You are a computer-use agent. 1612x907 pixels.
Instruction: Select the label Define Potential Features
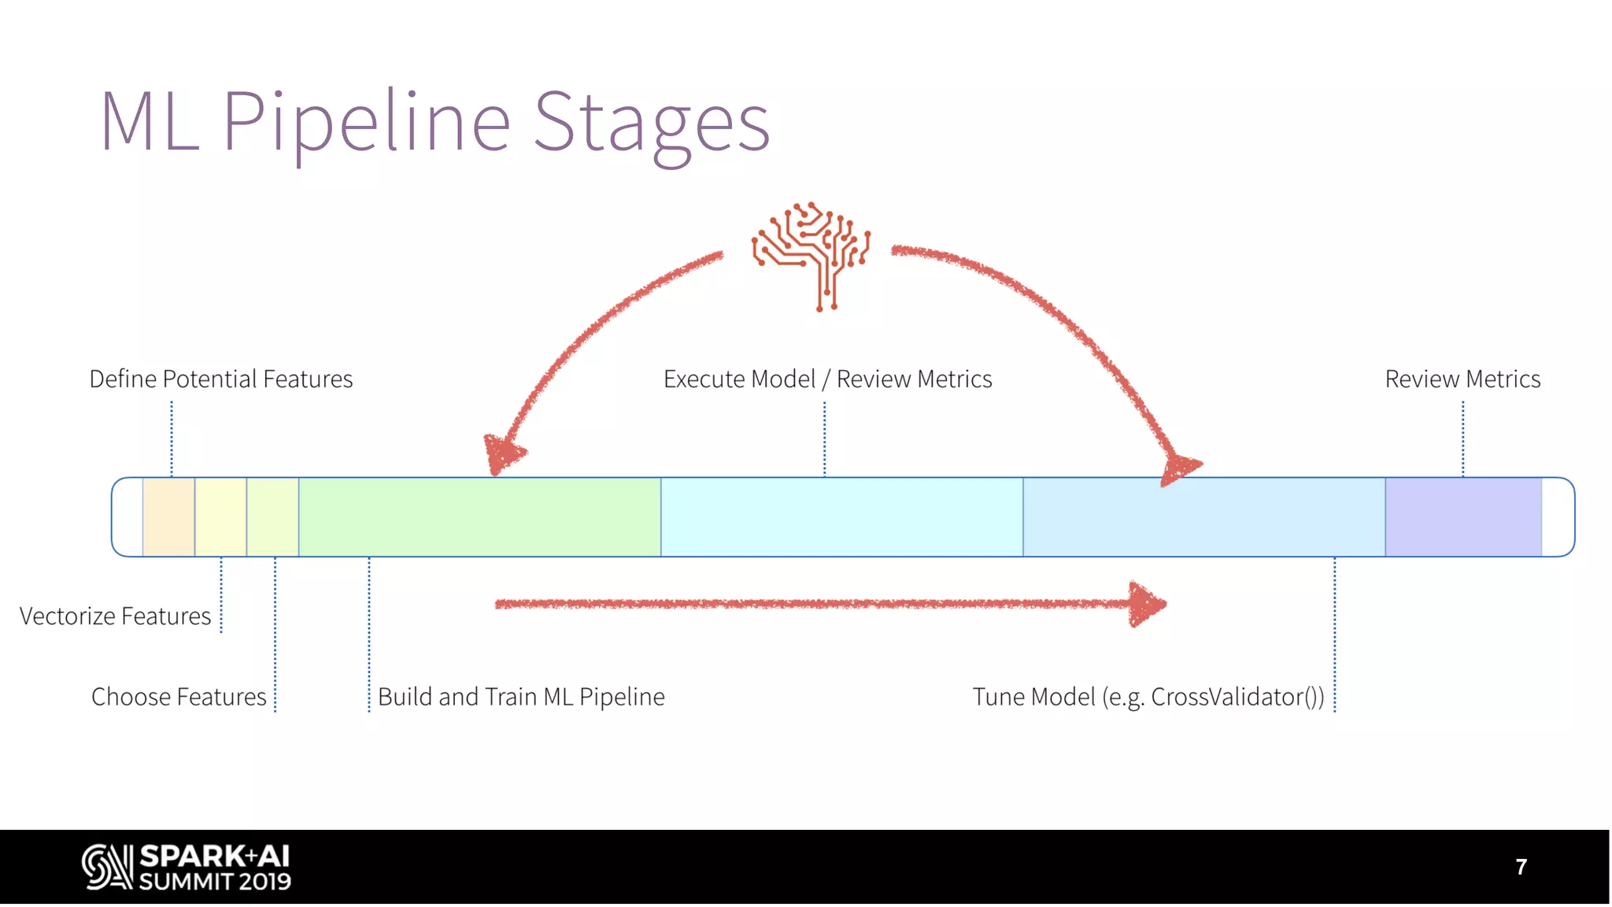click(x=220, y=379)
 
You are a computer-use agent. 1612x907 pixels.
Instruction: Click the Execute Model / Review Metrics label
click(x=827, y=379)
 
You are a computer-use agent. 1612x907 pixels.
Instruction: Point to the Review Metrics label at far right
click(x=1462, y=379)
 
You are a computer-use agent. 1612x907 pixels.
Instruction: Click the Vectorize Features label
click(x=115, y=616)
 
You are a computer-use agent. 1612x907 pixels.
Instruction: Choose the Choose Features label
click(x=179, y=697)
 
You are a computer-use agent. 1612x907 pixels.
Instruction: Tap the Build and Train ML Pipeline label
click(x=521, y=697)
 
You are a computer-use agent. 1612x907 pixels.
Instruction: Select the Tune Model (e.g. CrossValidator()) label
click(x=1148, y=697)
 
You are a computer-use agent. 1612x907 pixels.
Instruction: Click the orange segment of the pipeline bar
click(x=168, y=516)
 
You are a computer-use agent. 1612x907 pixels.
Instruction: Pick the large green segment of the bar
click(x=479, y=516)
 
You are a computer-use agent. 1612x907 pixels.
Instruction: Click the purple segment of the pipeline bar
click(x=1462, y=516)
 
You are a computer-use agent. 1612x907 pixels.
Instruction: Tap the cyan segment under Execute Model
click(x=841, y=516)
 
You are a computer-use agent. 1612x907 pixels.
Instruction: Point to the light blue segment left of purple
click(x=1203, y=516)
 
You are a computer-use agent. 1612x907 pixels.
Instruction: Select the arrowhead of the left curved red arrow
click(x=502, y=455)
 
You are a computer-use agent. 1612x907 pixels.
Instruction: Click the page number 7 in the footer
click(x=1521, y=867)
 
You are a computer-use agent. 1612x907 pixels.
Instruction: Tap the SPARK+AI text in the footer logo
click(x=214, y=857)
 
